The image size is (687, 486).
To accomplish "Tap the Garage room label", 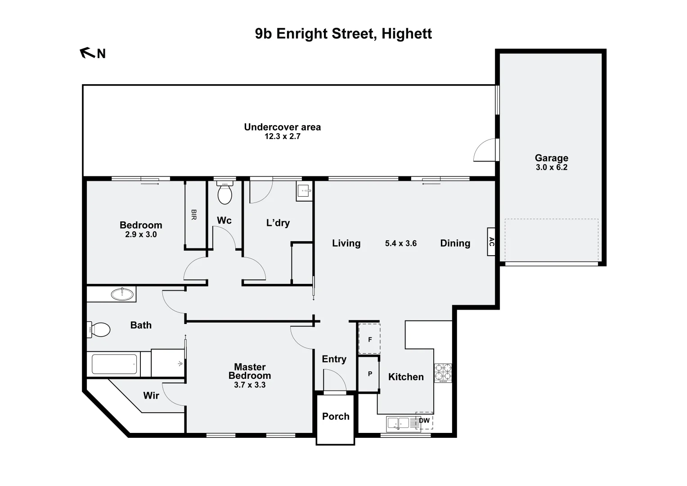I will (x=551, y=158).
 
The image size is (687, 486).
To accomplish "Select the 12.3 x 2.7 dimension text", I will (x=282, y=136).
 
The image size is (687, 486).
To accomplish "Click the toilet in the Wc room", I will (x=225, y=193).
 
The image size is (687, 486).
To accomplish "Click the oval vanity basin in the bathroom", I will (x=122, y=294).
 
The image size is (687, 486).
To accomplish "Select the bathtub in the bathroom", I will (x=114, y=364).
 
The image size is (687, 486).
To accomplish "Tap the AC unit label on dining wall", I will (x=491, y=242).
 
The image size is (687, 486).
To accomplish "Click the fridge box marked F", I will (x=369, y=339).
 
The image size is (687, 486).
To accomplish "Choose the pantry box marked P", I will (x=369, y=373).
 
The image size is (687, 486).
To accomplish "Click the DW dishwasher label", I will (x=424, y=421).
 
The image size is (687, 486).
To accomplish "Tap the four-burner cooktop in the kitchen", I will (x=443, y=372).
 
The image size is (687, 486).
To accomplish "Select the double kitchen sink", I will (x=398, y=423).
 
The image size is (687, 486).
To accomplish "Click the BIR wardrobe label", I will (x=193, y=214).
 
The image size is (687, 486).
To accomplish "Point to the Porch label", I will (x=336, y=416).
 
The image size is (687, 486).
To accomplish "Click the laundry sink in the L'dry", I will (x=305, y=191).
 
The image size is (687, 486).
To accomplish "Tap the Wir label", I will (x=151, y=396).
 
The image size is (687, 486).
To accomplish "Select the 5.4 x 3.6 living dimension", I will (x=400, y=243).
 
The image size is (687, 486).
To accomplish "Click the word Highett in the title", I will (x=407, y=34).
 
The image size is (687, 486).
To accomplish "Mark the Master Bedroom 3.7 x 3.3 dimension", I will (x=250, y=385).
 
